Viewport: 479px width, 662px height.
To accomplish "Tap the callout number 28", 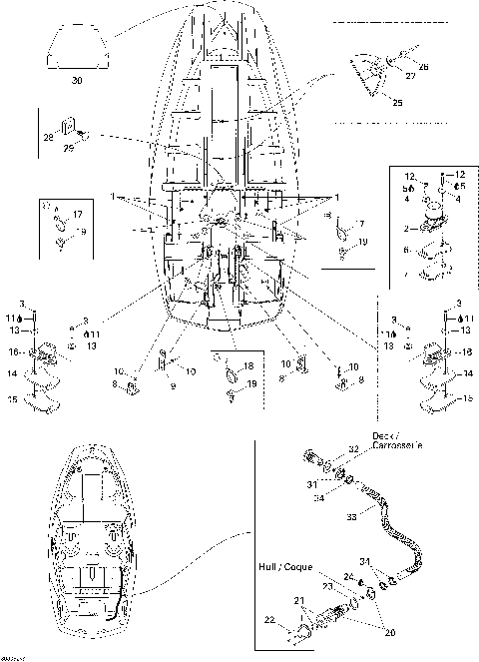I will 48,136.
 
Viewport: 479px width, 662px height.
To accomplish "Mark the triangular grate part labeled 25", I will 369,77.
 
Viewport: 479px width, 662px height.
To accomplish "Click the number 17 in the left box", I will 77,214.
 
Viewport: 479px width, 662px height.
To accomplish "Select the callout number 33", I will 376,517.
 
